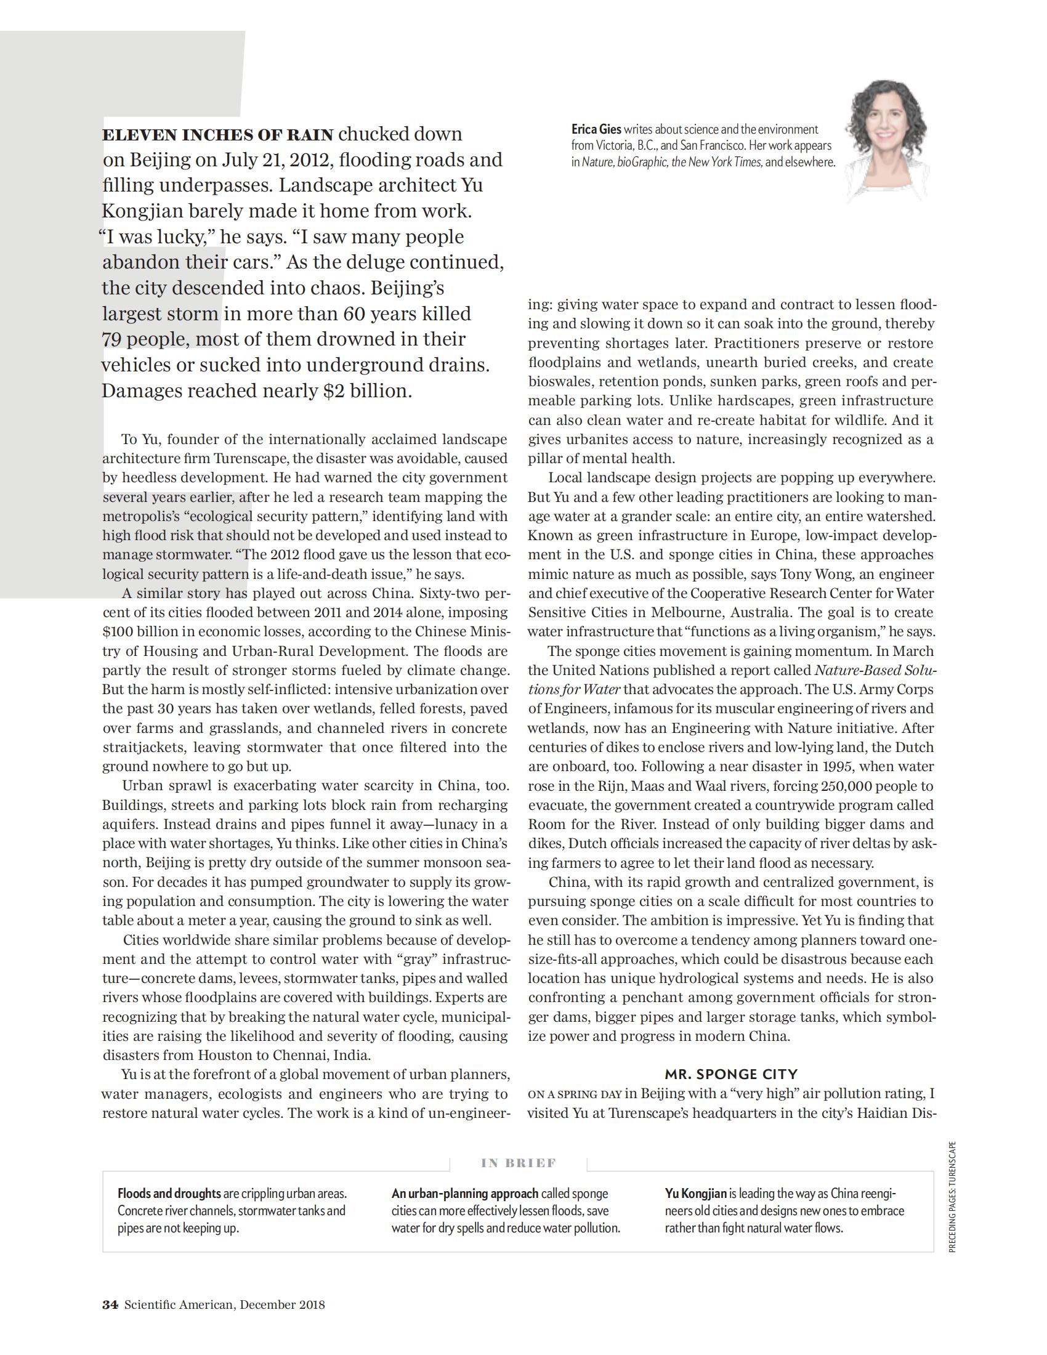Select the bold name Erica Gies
click(596, 130)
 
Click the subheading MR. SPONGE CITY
click(730, 1074)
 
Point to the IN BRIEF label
click(519, 1163)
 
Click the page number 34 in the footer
click(110, 1304)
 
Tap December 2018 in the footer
click(282, 1304)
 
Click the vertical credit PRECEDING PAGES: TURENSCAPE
click(953, 1197)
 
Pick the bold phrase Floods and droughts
click(169, 1193)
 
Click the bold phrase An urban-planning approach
click(464, 1193)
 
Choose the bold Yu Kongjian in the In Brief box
click(695, 1193)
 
